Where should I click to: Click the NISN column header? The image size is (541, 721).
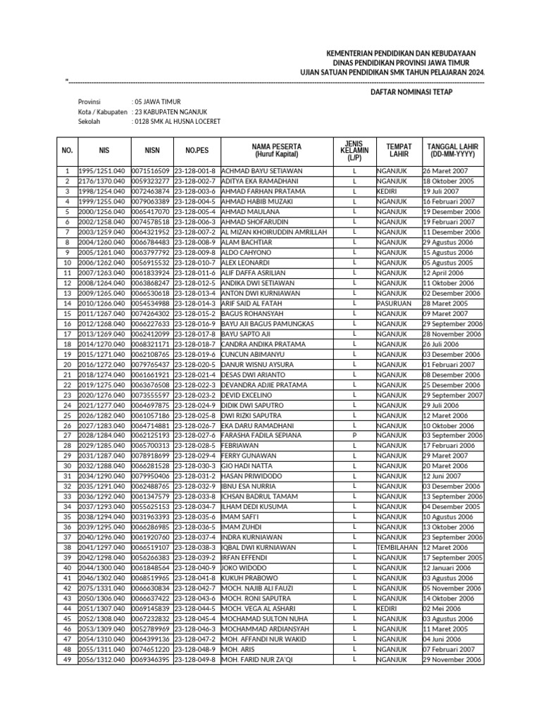[x=152, y=150]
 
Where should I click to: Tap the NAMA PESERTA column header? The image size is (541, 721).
[x=277, y=150]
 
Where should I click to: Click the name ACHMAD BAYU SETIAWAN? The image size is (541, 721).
[x=262, y=171]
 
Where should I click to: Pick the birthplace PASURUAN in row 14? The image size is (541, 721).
[x=394, y=303]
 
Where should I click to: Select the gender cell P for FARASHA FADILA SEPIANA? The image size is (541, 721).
[x=354, y=436]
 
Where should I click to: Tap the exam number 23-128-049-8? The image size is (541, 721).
[x=195, y=659]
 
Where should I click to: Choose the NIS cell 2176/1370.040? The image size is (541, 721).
[x=104, y=181]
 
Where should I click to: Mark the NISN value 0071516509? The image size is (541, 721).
[x=151, y=171]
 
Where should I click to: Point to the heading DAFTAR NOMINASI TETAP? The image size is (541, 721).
[x=411, y=92]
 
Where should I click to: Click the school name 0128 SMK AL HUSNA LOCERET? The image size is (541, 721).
[x=177, y=122]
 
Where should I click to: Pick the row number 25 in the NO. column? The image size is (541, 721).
[x=68, y=415]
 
